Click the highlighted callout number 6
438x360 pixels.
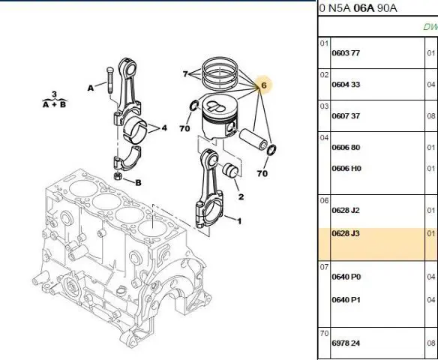pyautogui.click(x=264, y=85)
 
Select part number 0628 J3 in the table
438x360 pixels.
pyautogui.click(x=346, y=233)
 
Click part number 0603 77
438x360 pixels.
pyautogui.click(x=346, y=53)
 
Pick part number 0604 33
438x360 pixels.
pyautogui.click(x=346, y=84)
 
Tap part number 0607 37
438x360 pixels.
pyautogui.click(x=346, y=116)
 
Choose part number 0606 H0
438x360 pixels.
pyautogui.click(x=346, y=169)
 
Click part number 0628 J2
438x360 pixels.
pyautogui.click(x=346, y=210)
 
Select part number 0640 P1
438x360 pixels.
pyautogui.click(x=346, y=300)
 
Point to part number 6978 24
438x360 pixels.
pyautogui.click(x=346, y=343)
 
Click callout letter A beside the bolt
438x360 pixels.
pyautogui.click(x=91, y=88)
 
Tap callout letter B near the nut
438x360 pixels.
pyautogui.click(x=138, y=183)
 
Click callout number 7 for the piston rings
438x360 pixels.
pyautogui.click(x=185, y=73)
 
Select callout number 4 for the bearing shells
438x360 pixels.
pyautogui.click(x=164, y=128)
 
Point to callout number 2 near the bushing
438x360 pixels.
pyautogui.click(x=241, y=197)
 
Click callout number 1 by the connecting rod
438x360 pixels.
pyautogui.click(x=239, y=221)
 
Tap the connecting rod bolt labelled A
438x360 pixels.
pyautogui.click(x=109, y=81)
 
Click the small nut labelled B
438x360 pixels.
pyautogui.click(x=118, y=176)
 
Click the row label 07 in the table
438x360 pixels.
pyautogui.click(x=324, y=267)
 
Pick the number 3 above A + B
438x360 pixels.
pyautogui.click(x=54, y=94)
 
